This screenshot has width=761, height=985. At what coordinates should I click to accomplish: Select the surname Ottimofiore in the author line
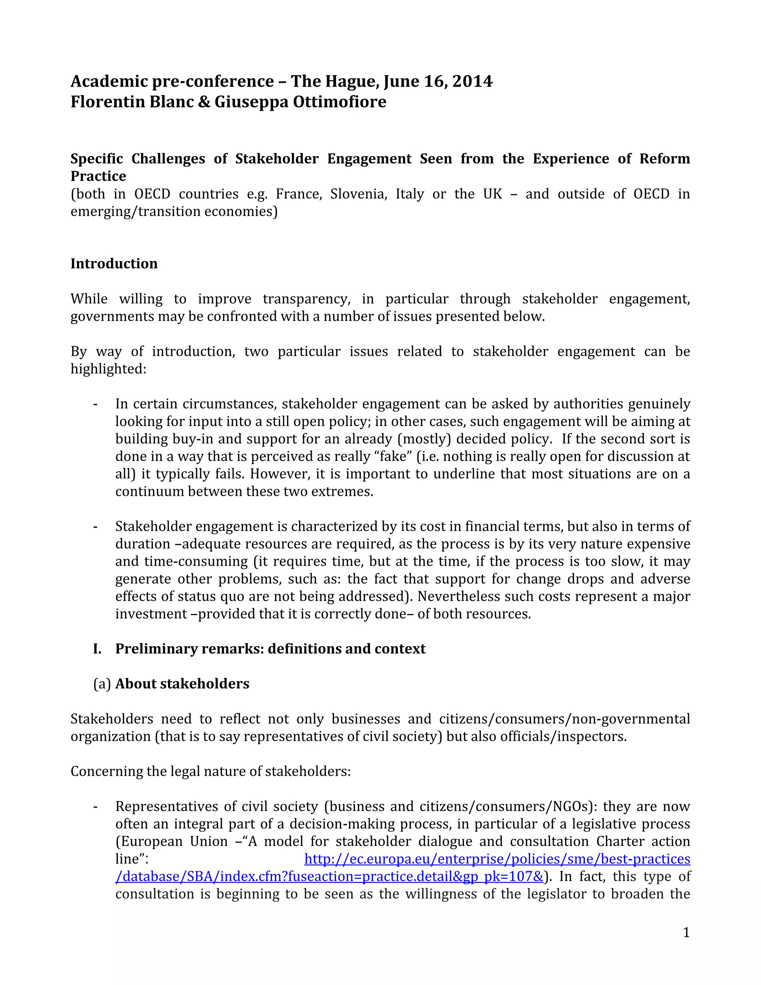click(339, 102)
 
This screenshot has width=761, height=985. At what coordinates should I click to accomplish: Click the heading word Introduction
click(114, 264)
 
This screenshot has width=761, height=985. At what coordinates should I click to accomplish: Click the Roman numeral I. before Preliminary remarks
click(97, 649)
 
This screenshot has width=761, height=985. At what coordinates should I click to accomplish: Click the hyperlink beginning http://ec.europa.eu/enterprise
click(497, 859)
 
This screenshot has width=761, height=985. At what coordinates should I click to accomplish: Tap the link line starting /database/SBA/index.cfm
click(329, 877)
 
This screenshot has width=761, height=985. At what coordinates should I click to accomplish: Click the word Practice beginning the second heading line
click(98, 176)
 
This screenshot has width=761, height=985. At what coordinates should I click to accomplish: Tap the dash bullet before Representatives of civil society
click(95, 807)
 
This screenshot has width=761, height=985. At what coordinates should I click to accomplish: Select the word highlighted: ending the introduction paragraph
click(108, 369)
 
